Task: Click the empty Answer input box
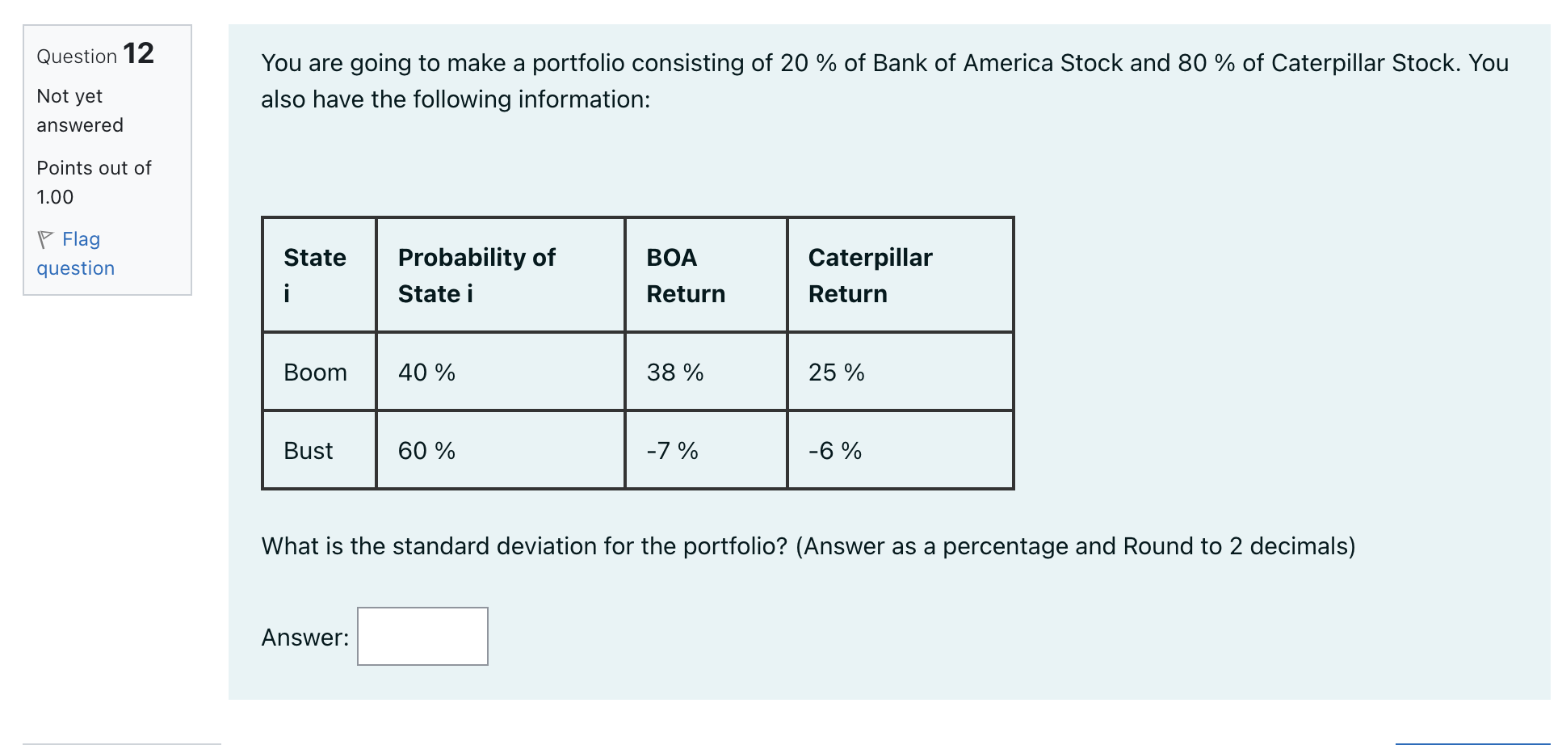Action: tap(422, 636)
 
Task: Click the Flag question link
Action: tap(76, 254)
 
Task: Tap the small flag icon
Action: tap(45, 239)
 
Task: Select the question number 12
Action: tap(138, 54)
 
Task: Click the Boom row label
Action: tap(315, 372)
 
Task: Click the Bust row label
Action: tap(308, 451)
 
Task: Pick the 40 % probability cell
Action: tap(426, 372)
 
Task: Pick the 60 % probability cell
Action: tap(426, 451)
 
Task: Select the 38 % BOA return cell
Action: tap(674, 372)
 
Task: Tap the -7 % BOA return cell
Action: tap(672, 451)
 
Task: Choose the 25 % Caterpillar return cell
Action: tap(836, 372)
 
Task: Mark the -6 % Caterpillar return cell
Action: tap(834, 451)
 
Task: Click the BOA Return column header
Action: tap(685, 276)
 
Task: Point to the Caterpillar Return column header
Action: tap(870, 276)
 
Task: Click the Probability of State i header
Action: tap(477, 276)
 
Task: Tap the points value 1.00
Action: tap(55, 197)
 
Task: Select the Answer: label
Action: tap(304, 638)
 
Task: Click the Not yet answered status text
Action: tap(79, 111)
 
